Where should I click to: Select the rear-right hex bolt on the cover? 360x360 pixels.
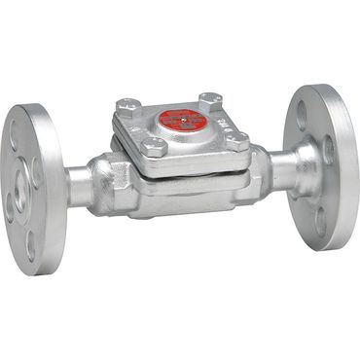point(208,99)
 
